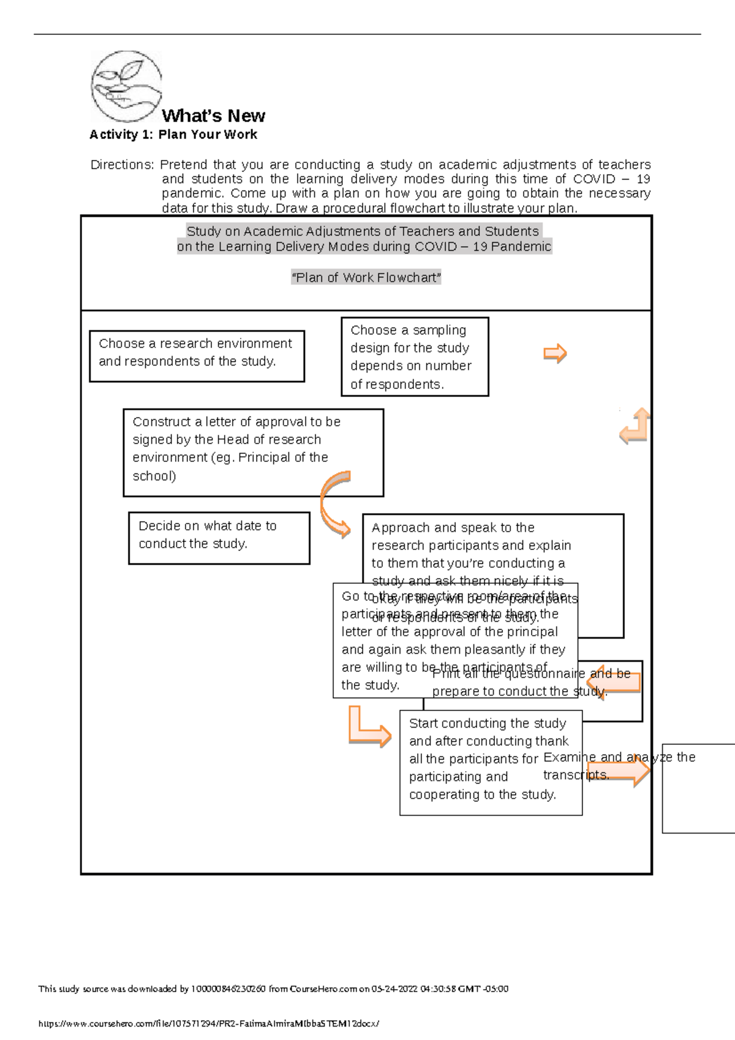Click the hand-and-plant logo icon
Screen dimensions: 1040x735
tap(126, 86)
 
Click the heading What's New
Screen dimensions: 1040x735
tap(213, 116)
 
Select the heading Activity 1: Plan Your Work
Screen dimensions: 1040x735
tap(173, 135)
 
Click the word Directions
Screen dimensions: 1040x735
tap(121, 165)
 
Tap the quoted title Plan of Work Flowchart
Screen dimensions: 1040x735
tap(366, 277)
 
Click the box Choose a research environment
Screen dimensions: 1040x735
tap(197, 356)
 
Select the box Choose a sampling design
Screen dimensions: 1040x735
tap(415, 356)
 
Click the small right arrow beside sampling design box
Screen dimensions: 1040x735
tap(555, 353)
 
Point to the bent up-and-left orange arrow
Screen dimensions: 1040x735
tap(635, 426)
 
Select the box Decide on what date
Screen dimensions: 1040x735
tap(219, 537)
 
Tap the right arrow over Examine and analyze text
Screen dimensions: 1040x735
tap(619, 770)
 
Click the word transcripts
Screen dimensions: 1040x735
tap(576, 775)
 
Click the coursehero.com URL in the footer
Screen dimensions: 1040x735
tap(209, 1023)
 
